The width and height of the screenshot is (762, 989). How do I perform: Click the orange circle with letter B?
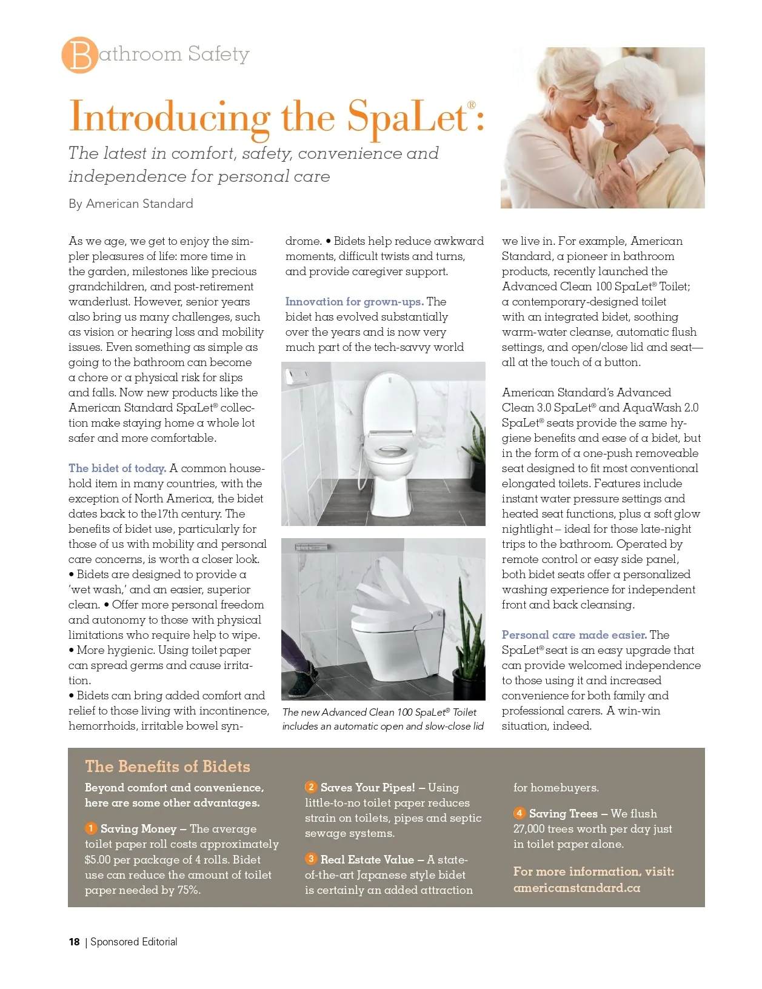click(79, 55)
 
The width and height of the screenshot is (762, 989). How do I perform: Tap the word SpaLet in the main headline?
click(407, 116)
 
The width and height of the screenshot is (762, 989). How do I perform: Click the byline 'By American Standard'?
click(131, 204)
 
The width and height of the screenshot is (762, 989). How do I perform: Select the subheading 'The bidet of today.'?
click(117, 468)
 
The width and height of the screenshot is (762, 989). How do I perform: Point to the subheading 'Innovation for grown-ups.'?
click(354, 301)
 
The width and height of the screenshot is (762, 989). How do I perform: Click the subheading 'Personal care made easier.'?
click(573, 634)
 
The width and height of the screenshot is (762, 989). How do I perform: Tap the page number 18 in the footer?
click(74, 942)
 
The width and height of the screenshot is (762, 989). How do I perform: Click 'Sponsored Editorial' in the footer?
click(134, 942)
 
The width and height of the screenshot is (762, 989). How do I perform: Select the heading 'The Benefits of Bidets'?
click(167, 767)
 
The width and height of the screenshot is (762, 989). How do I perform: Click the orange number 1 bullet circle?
click(91, 828)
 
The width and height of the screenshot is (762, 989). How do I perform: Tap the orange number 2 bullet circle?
click(311, 787)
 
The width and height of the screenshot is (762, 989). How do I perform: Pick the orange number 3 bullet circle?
click(311, 859)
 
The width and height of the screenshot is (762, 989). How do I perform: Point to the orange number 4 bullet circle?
click(520, 813)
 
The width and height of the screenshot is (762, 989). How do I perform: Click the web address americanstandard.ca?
click(577, 888)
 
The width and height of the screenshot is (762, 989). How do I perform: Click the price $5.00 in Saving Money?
click(98, 859)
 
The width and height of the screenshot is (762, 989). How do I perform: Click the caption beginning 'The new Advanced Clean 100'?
click(383, 719)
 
